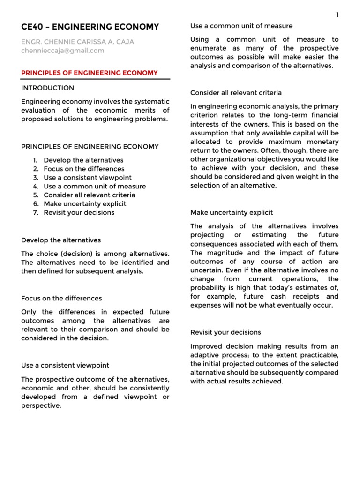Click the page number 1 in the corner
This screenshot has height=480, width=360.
point(337,15)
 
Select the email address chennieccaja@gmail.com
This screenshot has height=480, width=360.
point(63,51)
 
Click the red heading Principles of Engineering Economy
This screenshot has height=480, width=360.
point(90,73)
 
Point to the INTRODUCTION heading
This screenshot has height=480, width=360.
point(48,88)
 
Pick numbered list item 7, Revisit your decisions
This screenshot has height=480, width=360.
point(79,212)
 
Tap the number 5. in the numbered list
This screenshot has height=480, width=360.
point(36,195)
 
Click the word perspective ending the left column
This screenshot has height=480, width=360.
point(41,406)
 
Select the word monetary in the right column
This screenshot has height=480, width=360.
point(322,142)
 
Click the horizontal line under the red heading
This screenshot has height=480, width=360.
point(96,79)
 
